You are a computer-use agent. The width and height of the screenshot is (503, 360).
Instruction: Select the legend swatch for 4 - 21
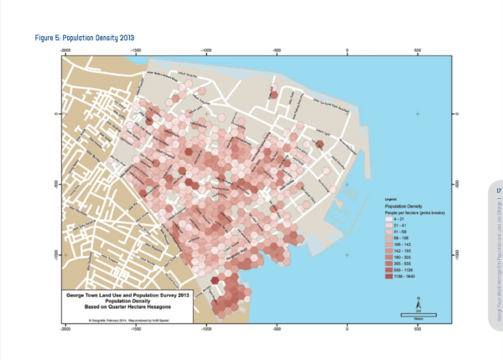[388, 219]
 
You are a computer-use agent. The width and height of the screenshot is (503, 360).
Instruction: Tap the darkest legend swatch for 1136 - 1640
[388, 276]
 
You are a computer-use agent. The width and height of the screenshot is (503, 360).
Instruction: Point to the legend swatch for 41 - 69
[388, 232]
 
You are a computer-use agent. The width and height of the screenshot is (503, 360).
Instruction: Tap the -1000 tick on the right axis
[455, 254]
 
